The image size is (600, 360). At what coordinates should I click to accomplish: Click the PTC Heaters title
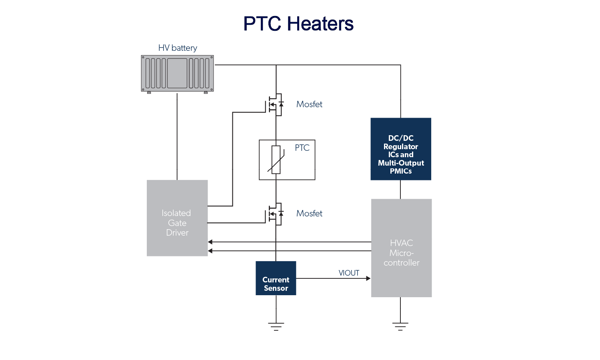coord(298,24)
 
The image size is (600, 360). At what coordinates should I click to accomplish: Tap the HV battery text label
coord(178,48)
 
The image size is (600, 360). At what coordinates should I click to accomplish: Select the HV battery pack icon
coord(177,74)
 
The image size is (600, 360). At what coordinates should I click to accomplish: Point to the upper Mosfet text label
coord(309,104)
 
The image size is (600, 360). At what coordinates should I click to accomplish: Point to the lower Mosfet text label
coord(309,214)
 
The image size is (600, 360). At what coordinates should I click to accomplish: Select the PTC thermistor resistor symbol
coord(276,160)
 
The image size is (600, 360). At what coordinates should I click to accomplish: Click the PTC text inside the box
coord(302,148)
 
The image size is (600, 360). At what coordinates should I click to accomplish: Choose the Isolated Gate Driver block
coord(177,218)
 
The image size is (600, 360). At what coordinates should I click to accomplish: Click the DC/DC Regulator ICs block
coord(401,149)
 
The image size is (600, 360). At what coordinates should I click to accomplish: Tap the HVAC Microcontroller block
coord(401,248)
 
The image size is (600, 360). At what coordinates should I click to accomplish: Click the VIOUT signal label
coord(349,273)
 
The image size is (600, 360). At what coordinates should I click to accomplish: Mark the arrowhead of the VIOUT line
coord(368,278)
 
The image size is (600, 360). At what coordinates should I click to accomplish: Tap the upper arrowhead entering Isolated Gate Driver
coord(210,242)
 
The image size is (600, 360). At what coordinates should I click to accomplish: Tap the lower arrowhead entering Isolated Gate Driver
coord(210,251)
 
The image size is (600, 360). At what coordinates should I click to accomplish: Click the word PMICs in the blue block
coord(401,171)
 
